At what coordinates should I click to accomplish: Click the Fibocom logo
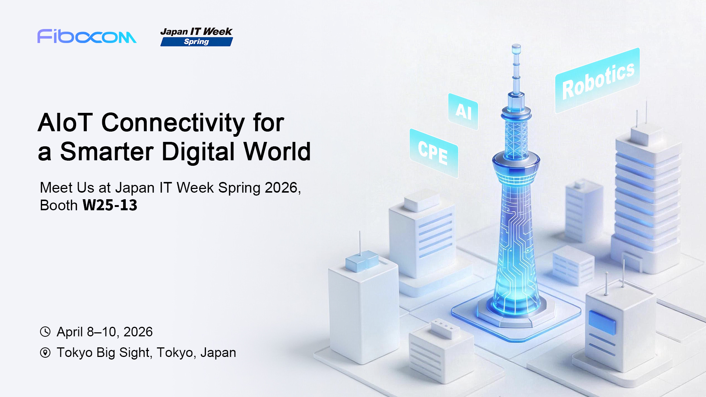[87, 36]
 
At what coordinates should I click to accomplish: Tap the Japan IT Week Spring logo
[197, 37]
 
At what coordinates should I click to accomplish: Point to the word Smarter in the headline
[107, 151]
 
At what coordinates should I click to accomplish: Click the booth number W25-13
[110, 205]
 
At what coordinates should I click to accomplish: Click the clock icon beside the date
[45, 332]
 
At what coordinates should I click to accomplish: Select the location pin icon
[45, 353]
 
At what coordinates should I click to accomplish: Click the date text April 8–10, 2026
[104, 332]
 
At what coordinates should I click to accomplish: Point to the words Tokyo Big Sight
[103, 353]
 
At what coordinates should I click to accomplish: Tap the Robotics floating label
[598, 81]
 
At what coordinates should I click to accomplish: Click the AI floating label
[463, 111]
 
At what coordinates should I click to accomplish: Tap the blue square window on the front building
[602, 322]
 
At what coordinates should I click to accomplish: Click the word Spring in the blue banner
[196, 42]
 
